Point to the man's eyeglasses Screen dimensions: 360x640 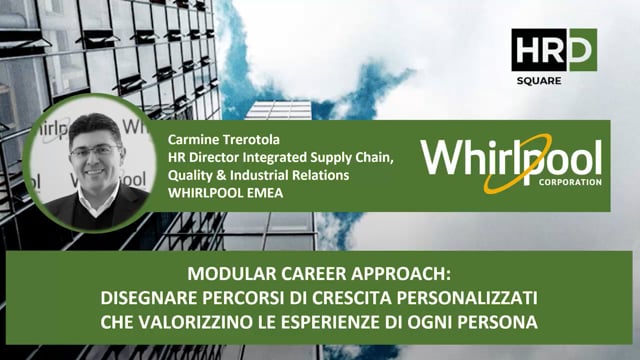tap(96, 152)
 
